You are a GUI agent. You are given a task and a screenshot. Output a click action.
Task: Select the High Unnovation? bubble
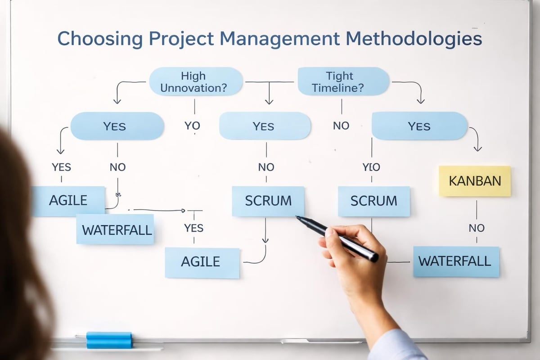click(x=195, y=81)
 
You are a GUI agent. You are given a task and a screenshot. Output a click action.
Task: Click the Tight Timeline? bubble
click(x=343, y=81)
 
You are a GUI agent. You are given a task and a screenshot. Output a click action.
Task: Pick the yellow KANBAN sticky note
click(x=475, y=181)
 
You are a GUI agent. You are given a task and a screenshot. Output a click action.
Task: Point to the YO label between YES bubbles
click(x=192, y=126)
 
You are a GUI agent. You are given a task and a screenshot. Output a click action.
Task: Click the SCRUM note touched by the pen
click(x=268, y=201)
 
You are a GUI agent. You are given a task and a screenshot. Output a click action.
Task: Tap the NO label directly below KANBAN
click(x=476, y=228)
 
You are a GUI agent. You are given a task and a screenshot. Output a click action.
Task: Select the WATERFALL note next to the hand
click(x=455, y=261)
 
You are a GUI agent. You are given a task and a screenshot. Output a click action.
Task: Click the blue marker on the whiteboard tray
click(x=109, y=340)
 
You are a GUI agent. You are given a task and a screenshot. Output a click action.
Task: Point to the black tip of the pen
click(x=299, y=219)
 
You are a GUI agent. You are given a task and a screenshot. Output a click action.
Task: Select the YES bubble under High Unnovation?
click(x=117, y=126)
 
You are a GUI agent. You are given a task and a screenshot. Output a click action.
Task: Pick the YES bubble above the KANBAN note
click(x=419, y=126)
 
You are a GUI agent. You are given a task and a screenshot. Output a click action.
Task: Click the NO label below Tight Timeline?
click(x=341, y=126)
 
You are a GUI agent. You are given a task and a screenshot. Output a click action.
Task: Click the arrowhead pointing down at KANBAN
click(x=478, y=149)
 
